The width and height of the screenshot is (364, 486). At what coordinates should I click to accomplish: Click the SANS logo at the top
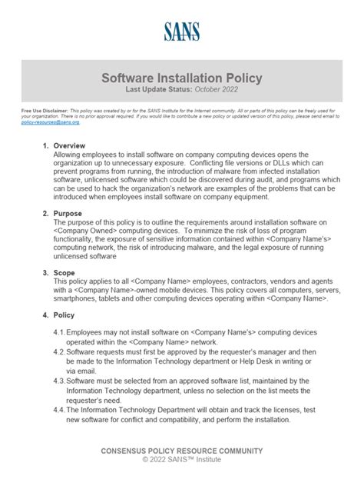[181, 32]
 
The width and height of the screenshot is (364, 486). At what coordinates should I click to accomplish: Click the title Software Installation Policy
[182, 78]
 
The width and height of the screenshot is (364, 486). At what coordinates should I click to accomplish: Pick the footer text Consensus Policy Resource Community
[181, 451]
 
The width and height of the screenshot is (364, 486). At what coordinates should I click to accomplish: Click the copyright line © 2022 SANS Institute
[181, 460]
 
